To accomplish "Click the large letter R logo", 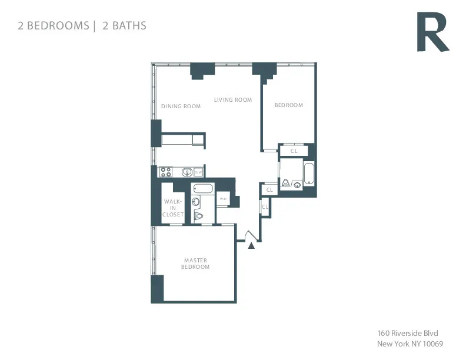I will coord(432,33).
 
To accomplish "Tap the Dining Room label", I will coord(181,106).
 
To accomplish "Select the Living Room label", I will coord(232,100).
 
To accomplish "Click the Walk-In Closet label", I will coord(174,208).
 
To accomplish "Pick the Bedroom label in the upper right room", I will coord(289,105).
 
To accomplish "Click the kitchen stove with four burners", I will coord(166,172).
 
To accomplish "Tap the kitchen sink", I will coord(187,172).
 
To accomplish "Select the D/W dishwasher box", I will coord(199,172).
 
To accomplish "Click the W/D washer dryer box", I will coord(223,199).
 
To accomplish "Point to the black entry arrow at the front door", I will coord(252,245).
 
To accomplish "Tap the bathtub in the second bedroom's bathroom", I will coord(309,173).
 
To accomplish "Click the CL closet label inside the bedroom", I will coord(294,151).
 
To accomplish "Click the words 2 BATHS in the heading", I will coord(125,25).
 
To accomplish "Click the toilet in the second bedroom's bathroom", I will coord(285,184).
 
